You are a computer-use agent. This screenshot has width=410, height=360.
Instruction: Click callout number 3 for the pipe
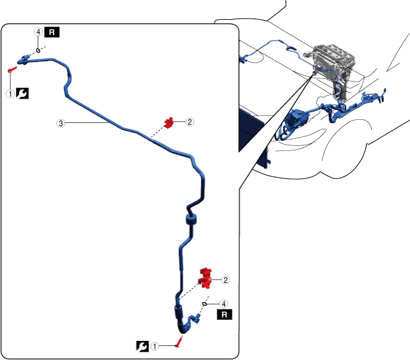point(61,124)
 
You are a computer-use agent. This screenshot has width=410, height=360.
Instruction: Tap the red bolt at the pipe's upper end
point(11,69)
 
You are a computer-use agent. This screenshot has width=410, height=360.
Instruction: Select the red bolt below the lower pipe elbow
point(180,343)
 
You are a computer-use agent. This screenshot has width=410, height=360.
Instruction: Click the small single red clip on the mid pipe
point(170,122)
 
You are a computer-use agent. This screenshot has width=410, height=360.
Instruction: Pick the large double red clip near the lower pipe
point(205,277)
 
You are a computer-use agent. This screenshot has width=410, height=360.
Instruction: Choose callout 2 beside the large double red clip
point(225,280)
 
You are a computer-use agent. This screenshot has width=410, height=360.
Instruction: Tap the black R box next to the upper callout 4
point(52,32)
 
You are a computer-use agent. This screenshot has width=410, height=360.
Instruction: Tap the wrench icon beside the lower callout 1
point(143,346)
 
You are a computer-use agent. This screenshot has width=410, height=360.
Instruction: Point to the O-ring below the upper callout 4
point(39,50)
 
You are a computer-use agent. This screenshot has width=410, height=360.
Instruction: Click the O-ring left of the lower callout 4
point(205,303)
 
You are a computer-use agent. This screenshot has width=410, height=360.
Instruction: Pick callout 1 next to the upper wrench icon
point(10,94)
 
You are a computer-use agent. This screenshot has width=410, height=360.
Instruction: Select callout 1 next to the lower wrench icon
point(155,346)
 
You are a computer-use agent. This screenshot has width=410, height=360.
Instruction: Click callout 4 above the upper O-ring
point(39,31)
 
